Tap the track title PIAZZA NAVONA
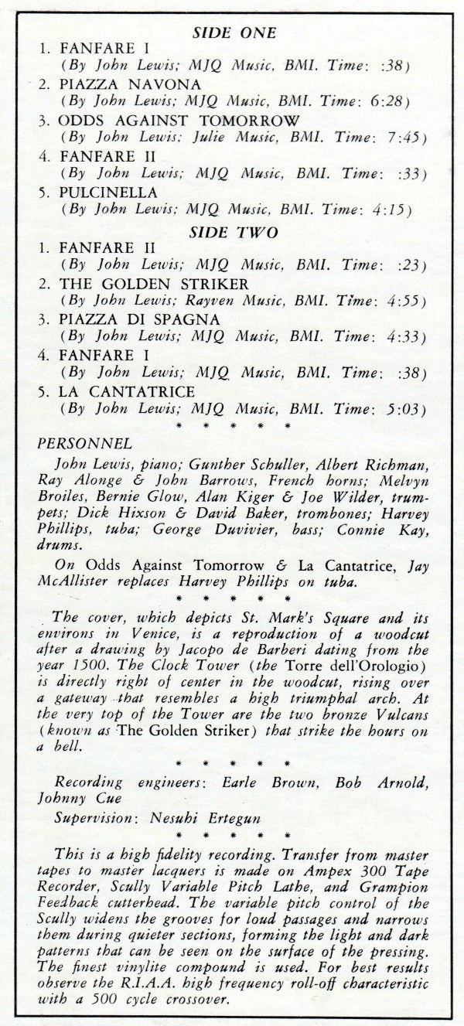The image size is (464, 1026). click(x=130, y=84)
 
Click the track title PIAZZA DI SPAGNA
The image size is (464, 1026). click(x=139, y=319)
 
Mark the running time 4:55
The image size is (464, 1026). click(x=402, y=302)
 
